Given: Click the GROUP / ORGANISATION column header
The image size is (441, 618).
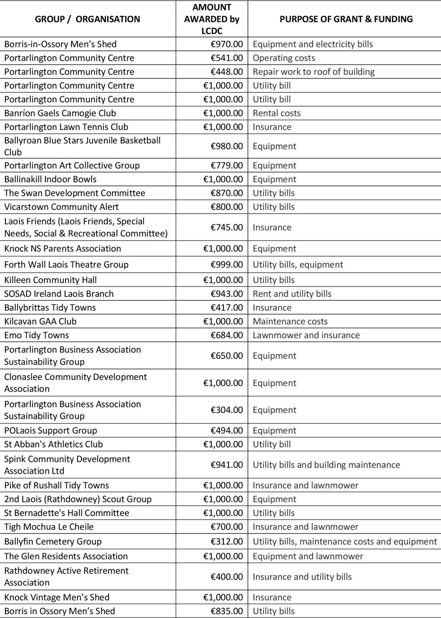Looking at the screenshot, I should pos(87,19).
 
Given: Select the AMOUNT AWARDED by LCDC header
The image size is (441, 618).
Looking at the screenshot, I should pos(212,19).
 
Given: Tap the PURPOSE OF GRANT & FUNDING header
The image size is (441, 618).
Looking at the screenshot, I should pos(346,19).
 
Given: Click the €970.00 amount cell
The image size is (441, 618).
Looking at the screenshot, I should pos(226,44).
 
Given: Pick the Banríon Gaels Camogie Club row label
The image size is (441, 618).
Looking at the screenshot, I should pos(60,113).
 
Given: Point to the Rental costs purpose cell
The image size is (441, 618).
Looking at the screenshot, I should pos(277,113).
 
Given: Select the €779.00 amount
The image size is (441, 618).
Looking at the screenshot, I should pos(226,165).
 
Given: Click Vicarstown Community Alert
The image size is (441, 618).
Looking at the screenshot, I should pos(61,207).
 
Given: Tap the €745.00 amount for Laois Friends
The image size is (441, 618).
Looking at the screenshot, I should pos(226,227).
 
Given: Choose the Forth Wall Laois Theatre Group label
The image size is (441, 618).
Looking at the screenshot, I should pos(66,265).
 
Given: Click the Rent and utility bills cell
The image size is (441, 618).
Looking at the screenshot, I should pos(292,294).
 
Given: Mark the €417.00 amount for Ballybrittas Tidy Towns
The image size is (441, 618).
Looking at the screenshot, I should pos(226,308).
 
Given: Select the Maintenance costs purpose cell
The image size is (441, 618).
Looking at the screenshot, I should pos(290,322).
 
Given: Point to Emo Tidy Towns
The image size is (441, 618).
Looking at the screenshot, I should pos(37,335).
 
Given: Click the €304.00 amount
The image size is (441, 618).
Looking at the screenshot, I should pos(226,410).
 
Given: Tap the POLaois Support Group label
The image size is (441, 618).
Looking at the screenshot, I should pos(51,431).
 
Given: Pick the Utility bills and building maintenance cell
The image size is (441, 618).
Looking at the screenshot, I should pos(326,465).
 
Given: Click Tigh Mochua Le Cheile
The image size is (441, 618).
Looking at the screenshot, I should pos(49,527).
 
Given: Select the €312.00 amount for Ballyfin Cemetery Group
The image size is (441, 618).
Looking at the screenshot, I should pos(226,542).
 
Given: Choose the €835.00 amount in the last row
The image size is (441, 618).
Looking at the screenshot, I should pos(226,611).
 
